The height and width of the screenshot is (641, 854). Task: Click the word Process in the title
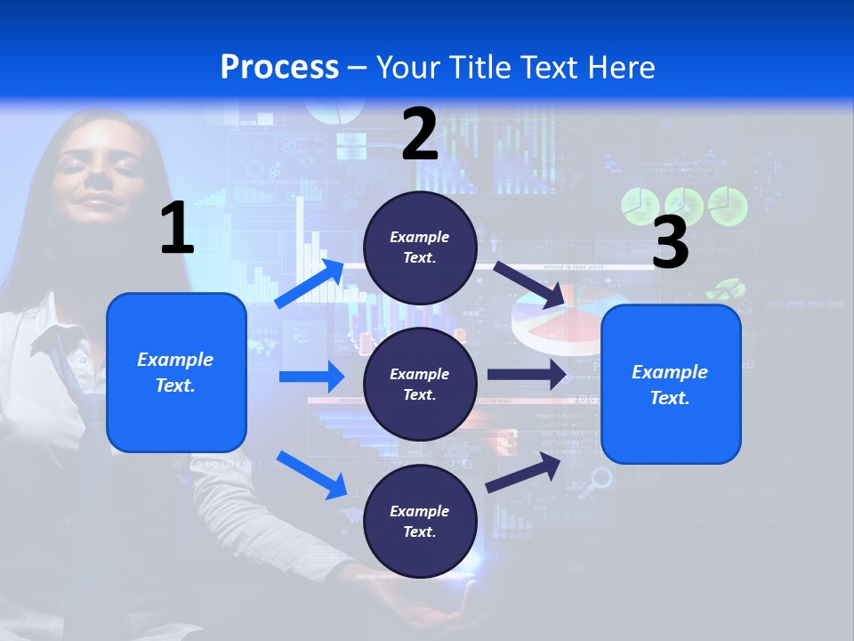(279, 68)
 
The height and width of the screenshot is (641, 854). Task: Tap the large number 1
(177, 229)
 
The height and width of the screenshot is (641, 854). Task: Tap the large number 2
(420, 134)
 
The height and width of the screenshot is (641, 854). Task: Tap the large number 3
(670, 242)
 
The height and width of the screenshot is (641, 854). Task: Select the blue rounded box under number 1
(176, 372)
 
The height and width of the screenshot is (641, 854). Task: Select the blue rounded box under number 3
(671, 384)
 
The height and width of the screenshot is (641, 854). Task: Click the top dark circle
(420, 247)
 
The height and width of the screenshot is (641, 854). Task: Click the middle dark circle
(420, 384)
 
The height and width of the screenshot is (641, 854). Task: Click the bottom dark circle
(420, 521)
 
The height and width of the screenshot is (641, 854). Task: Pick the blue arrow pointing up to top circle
(310, 283)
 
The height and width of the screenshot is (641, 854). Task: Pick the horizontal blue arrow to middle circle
(311, 377)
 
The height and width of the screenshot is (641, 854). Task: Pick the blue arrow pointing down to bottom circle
(311, 474)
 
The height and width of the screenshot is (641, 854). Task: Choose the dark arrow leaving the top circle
(530, 284)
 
